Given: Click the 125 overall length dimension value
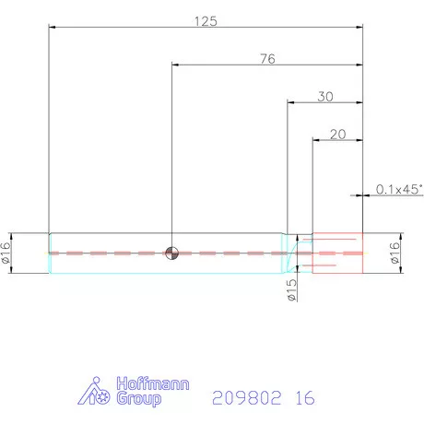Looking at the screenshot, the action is pos(206,21).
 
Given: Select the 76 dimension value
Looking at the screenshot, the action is pos(267,59).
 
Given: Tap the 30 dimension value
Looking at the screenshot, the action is pos(325,97).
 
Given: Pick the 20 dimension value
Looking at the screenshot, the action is pos(337,135).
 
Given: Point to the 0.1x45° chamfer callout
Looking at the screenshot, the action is pos(399,189).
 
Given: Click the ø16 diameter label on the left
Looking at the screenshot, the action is pos(6,253).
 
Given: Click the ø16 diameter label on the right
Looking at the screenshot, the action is pos(395,253).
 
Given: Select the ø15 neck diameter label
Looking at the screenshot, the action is pos(291,290).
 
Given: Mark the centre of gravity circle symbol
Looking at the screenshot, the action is pos(171,253).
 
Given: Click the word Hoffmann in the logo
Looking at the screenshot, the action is pos(153,383).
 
